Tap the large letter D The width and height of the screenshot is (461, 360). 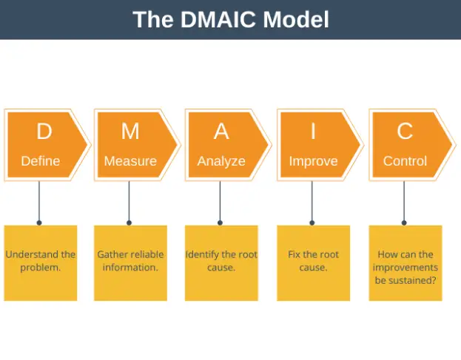click(x=44, y=132)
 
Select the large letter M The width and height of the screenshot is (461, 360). click(x=130, y=132)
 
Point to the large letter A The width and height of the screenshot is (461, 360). click(x=221, y=132)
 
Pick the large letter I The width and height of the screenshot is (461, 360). click(x=313, y=132)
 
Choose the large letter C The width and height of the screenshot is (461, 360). click(x=405, y=132)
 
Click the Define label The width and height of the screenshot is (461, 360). click(x=41, y=160)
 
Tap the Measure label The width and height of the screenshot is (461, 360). click(x=130, y=160)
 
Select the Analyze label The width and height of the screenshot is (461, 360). click(x=221, y=160)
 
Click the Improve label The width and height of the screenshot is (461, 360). click(x=313, y=160)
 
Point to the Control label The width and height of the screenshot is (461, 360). click(x=405, y=160)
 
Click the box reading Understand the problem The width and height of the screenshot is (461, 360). click(x=41, y=262)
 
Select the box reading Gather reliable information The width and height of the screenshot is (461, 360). click(x=130, y=262)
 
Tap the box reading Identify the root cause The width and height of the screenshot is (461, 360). click(x=221, y=262)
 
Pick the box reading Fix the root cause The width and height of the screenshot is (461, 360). click(x=313, y=262)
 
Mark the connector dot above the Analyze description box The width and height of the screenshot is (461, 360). click(x=221, y=222)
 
